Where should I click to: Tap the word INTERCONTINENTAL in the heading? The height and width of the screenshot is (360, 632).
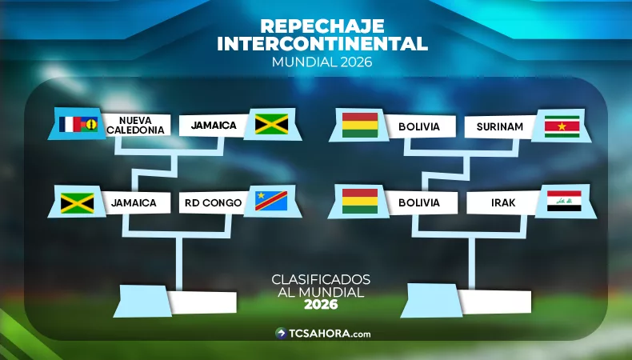coord(322,42)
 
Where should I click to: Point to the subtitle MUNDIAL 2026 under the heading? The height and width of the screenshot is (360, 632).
coord(322,62)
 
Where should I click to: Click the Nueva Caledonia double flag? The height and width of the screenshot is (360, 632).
coord(78,125)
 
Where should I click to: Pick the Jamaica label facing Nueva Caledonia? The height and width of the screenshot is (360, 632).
coord(213,126)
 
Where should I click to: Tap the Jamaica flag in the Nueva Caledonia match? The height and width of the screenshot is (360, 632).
coord(271,124)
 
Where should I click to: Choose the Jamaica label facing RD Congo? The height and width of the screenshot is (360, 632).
coord(134,203)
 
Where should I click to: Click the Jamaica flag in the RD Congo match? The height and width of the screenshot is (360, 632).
coord(78,202)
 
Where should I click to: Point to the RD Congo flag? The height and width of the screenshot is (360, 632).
coord(271,201)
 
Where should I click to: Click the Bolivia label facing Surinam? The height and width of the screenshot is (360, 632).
coord(419,126)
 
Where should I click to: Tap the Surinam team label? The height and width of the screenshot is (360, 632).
coord(499,126)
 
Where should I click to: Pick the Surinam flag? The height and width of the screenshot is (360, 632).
coord(561,126)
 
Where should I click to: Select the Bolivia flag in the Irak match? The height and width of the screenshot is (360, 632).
coord(359,202)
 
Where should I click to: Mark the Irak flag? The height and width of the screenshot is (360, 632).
coord(563,202)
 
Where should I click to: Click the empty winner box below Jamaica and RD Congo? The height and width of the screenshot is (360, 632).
coord(202,302)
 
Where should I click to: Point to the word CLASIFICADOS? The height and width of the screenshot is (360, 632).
coord(321,279)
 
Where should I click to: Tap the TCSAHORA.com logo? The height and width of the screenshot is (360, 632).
coord(322,334)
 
